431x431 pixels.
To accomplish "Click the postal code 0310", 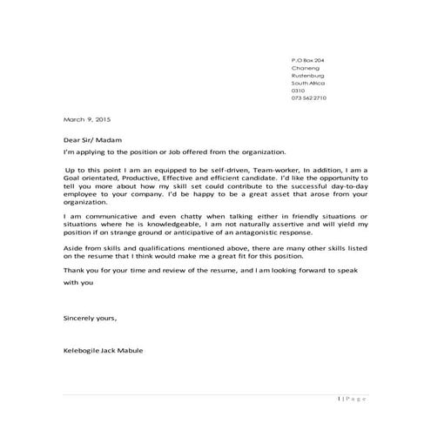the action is (x=298, y=91).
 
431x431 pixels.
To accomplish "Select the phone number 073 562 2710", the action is (x=309, y=98).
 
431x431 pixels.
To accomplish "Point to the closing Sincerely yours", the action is (x=91, y=319).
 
